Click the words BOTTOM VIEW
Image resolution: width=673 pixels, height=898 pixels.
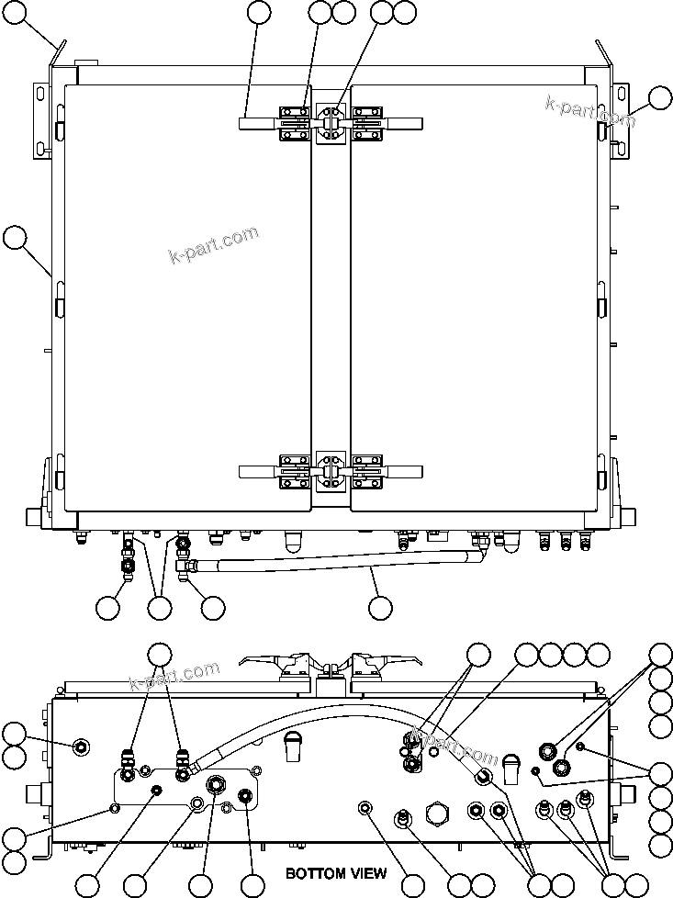click(335, 873)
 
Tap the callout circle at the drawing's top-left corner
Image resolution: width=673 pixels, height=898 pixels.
click(13, 12)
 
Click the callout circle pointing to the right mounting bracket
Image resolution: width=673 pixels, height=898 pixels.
click(660, 97)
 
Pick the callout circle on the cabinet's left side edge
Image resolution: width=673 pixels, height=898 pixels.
click(13, 238)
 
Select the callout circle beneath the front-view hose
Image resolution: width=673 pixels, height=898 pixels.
click(379, 607)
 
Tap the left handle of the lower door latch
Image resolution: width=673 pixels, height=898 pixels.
click(260, 471)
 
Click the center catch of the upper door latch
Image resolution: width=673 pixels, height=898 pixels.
click(331, 123)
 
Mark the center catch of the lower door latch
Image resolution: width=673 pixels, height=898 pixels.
click(331, 472)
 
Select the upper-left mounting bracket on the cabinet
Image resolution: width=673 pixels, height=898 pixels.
click(42, 119)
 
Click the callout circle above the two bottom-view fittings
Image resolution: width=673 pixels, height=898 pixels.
click(160, 654)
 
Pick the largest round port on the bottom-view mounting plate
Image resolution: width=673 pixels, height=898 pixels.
click(218, 786)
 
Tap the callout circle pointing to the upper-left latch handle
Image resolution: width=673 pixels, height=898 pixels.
click(260, 12)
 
